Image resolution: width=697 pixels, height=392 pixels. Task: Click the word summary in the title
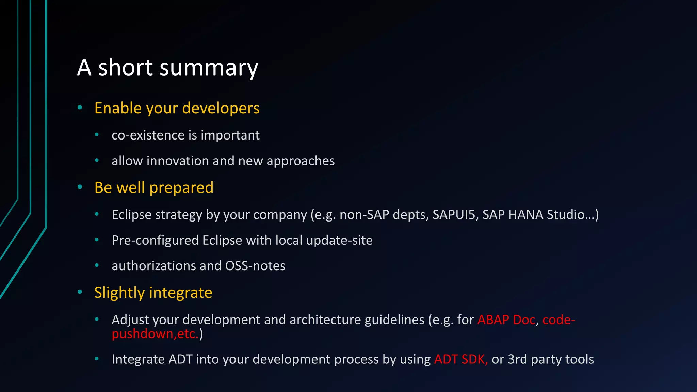pyautogui.click(x=209, y=68)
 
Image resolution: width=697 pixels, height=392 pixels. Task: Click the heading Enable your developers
pyautogui.click(x=177, y=108)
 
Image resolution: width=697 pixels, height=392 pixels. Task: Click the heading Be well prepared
pyautogui.click(x=154, y=187)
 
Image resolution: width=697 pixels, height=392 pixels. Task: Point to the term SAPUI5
pyautogui.click(x=454, y=215)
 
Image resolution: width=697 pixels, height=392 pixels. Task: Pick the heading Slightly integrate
pyautogui.click(x=153, y=293)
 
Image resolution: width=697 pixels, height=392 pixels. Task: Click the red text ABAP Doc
pyautogui.click(x=506, y=320)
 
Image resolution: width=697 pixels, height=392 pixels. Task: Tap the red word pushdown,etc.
pyautogui.click(x=155, y=334)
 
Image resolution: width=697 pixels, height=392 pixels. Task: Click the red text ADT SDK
pyautogui.click(x=460, y=359)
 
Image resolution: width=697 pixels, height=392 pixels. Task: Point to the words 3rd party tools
pyautogui.click(x=550, y=359)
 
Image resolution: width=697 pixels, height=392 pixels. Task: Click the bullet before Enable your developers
pyautogui.click(x=80, y=108)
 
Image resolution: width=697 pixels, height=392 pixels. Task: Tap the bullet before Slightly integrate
pyautogui.click(x=80, y=292)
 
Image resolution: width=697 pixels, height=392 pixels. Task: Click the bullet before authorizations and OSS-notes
pyautogui.click(x=97, y=265)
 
